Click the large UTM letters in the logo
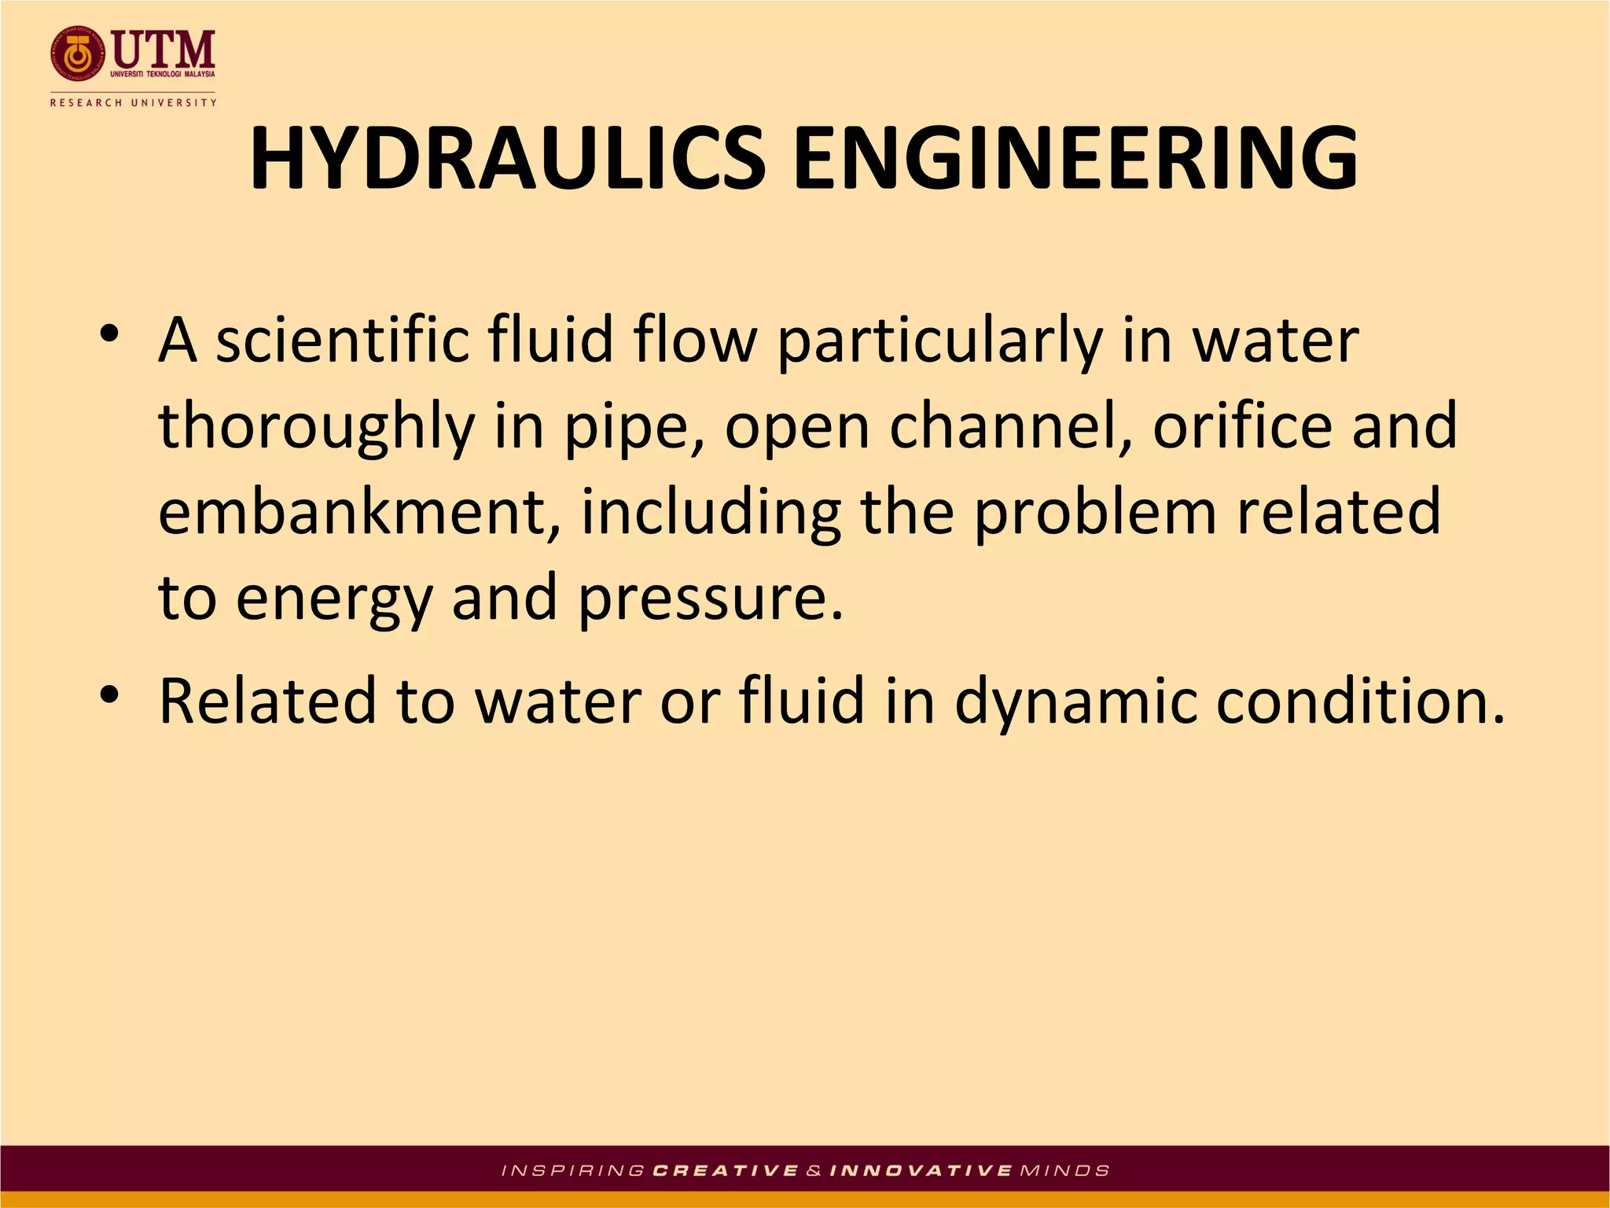click(164, 49)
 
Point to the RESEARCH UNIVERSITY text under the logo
click(133, 102)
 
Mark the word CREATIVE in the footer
click(726, 1170)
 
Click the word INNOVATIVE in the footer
click(921, 1170)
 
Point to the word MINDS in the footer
click(1064, 1170)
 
